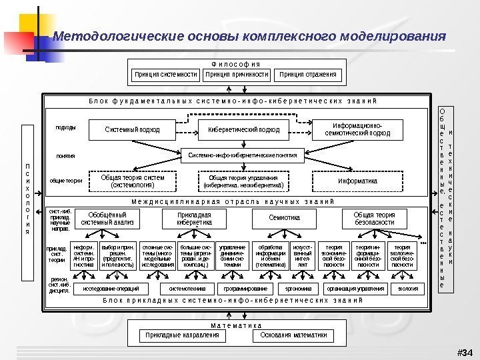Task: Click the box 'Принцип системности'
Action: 165,74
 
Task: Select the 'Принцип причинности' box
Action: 238,74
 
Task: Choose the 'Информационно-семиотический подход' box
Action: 358,129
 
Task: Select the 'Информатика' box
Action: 358,181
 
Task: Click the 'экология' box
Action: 409,289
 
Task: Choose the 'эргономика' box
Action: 298,289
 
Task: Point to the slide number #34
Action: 463,351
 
